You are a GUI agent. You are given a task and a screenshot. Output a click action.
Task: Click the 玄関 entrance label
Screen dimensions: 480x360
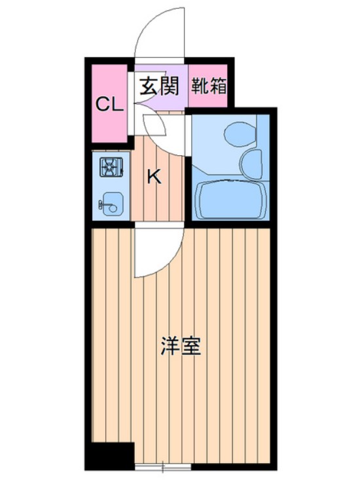click(160, 86)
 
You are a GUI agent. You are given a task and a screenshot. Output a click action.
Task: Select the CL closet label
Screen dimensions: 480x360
click(109, 104)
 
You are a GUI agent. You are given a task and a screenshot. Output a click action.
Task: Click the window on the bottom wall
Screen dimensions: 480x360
click(162, 468)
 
